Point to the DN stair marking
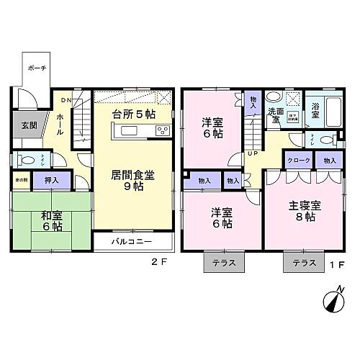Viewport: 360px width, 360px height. pos(66,99)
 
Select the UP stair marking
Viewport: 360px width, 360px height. pos(252,153)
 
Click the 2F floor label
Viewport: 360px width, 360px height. pos(159,261)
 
